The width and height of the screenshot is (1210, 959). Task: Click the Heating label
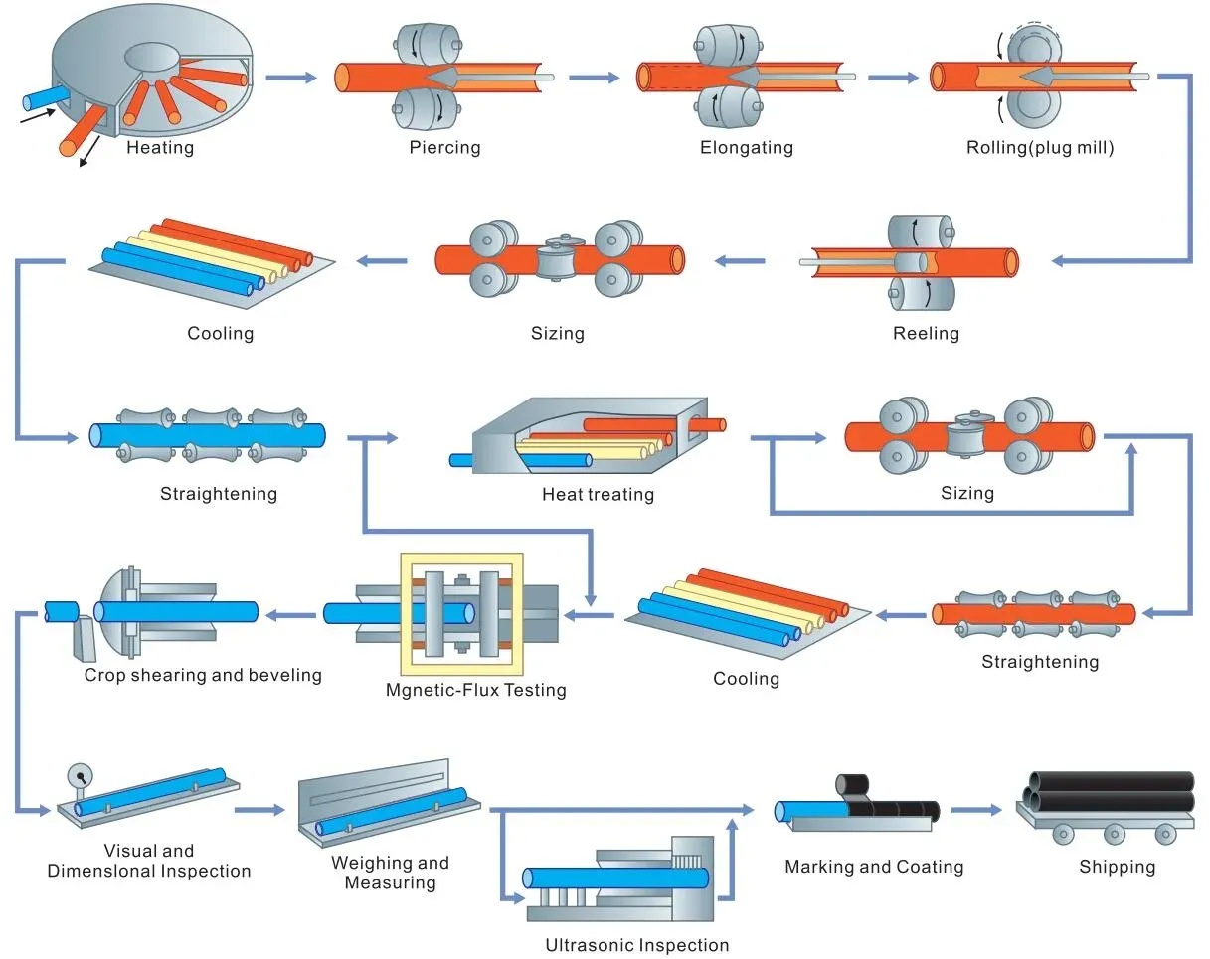pos(160,148)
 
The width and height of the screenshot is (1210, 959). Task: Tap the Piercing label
pos(444,148)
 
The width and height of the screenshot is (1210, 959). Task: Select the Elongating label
pos(746,148)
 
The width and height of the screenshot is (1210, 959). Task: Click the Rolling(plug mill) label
pos(1040,148)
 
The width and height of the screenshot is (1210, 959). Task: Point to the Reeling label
pos(926,334)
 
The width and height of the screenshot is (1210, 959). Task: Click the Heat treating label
pos(598,494)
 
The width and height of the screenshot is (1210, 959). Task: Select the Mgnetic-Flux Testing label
pos(475,690)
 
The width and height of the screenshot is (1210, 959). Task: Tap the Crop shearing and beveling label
pos(203,675)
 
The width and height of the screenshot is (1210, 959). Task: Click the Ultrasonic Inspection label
pos(636,945)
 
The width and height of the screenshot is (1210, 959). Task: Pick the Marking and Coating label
pos(874,867)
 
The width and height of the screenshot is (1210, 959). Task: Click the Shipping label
pos(1117,867)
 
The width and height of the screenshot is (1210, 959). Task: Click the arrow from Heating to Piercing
pos(290,77)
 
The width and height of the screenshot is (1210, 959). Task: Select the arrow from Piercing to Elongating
pos(596,77)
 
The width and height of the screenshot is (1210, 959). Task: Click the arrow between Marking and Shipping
pos(975,810)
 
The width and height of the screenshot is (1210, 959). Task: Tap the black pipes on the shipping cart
pos(1111,791)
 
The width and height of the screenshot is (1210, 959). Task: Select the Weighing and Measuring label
pos(390,873)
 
